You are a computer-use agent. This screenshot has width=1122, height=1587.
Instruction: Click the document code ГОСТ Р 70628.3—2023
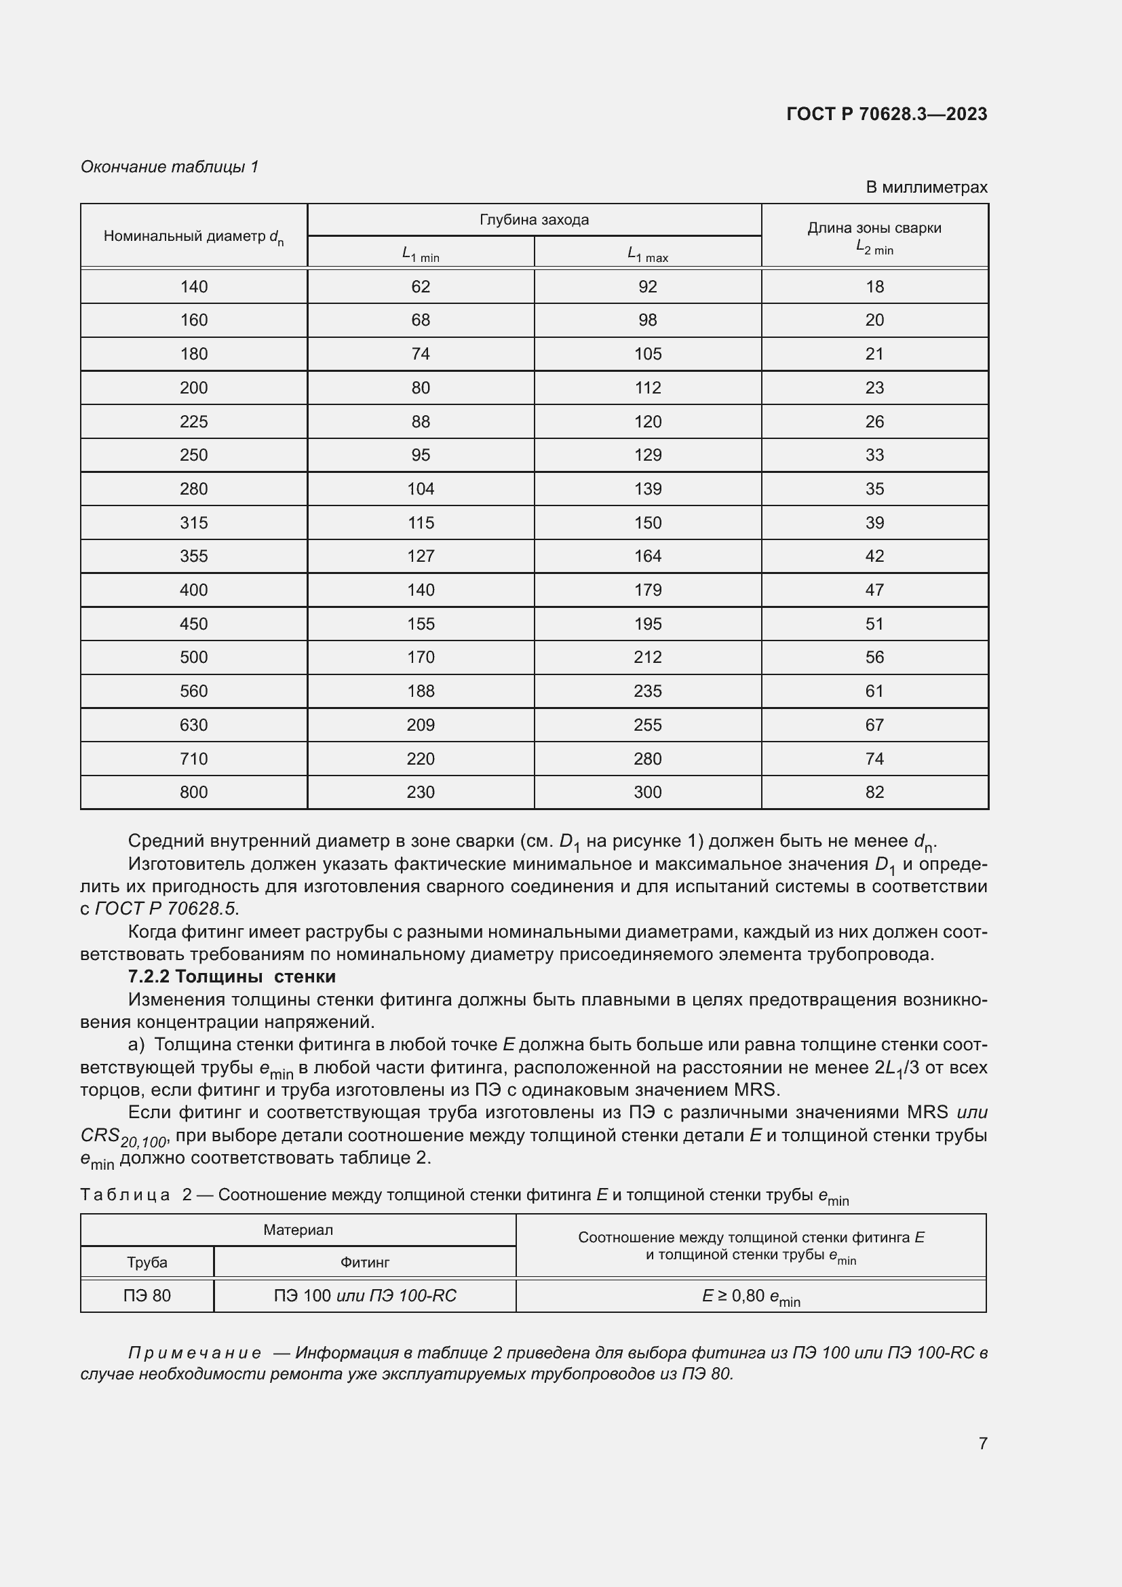887,114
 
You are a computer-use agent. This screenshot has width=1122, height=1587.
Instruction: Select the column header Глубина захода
534,220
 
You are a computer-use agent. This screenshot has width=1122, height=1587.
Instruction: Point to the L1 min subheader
420,254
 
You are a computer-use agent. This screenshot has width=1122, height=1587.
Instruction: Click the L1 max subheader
647,254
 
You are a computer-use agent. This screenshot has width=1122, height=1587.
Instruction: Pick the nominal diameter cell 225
193,421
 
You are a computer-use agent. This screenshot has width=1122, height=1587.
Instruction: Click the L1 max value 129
647,455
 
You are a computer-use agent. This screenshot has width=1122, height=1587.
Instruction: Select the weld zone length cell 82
874,792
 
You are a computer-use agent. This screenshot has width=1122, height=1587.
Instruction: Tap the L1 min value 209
420,725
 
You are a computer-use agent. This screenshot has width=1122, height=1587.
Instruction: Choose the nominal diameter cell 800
193,792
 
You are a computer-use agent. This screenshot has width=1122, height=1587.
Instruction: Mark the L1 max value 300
647,792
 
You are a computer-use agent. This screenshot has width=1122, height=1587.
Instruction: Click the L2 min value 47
874,590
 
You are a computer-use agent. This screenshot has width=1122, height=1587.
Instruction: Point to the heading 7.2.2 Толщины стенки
231,976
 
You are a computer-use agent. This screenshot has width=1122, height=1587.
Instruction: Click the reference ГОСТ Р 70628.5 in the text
165,909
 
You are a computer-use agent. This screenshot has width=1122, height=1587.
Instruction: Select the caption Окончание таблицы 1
170,167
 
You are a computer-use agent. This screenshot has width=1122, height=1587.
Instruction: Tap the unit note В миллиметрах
926,187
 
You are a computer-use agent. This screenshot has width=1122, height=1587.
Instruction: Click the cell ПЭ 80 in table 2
147,1295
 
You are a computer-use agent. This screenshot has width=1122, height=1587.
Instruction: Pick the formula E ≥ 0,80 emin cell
750,1297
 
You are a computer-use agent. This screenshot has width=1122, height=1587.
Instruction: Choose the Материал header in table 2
298,1229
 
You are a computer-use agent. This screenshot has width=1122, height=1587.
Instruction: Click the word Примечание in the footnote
195,1353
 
